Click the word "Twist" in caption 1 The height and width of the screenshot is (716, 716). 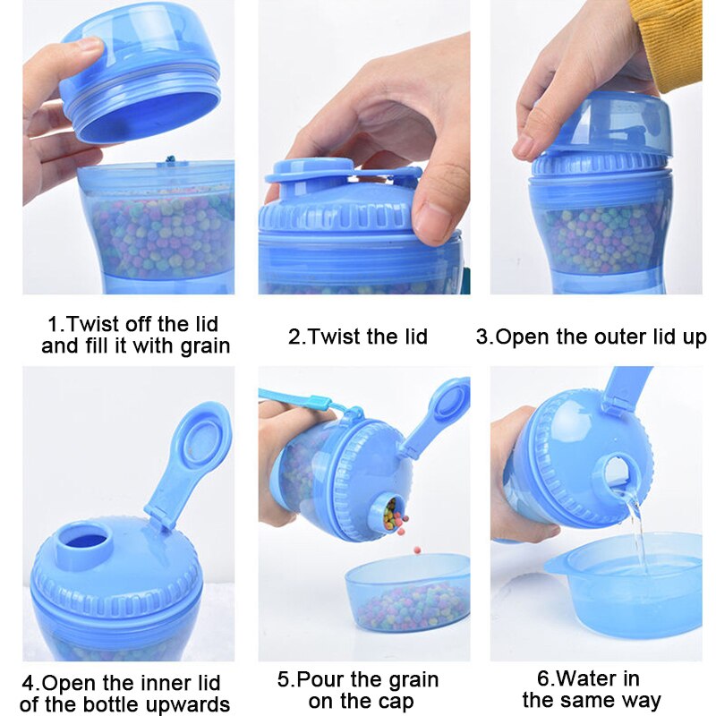point(94,324)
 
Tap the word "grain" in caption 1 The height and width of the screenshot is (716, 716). point(205,346)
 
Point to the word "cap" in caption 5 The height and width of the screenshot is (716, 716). point(396,702)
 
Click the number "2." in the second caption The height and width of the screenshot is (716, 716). point(296,337)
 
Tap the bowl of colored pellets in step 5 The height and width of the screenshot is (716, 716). point(407,592)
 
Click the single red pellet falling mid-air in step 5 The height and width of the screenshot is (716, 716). point(417,550)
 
